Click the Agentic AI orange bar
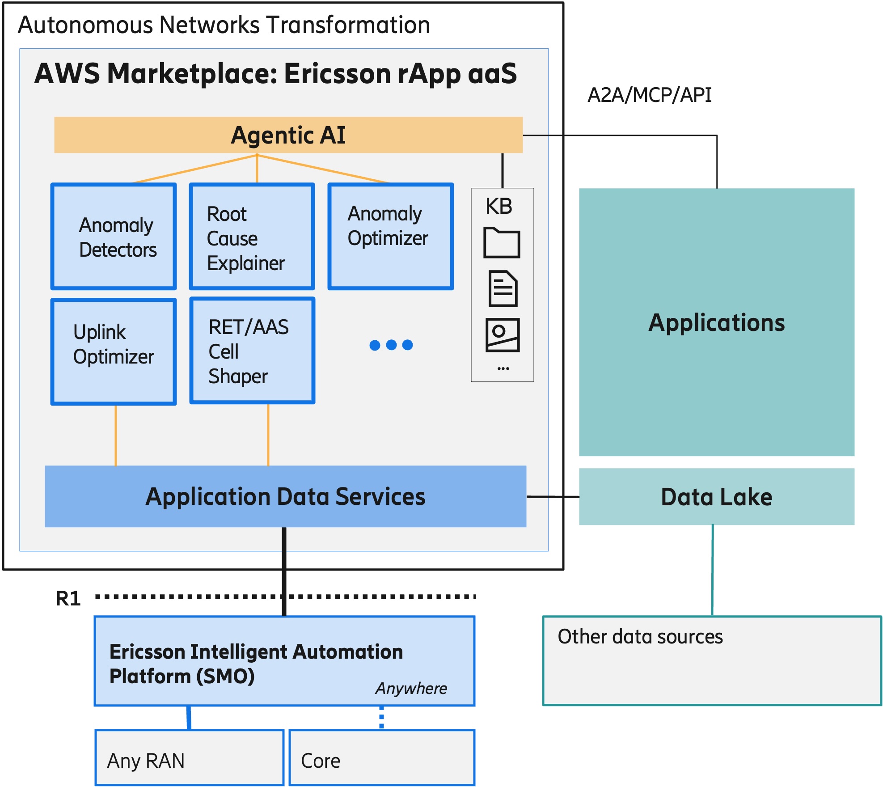pos(288,135)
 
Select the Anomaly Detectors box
pos(114,237)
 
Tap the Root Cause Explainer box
pos(252,237)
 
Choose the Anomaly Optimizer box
pos(391,237)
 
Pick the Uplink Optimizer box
pos(114,352)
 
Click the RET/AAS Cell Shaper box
pos(252,351)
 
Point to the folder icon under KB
pos(502,243)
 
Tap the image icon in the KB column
pos(503,335)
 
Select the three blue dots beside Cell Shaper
pos(391,345)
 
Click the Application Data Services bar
pos(285,496)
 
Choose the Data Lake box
pos(716,496)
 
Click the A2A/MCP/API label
pos(649,95)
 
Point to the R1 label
pos(68,598)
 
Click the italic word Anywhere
pos(411,688)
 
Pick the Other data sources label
pos(640,636)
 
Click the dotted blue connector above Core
pos(381,718)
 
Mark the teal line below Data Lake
pos(712,570)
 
